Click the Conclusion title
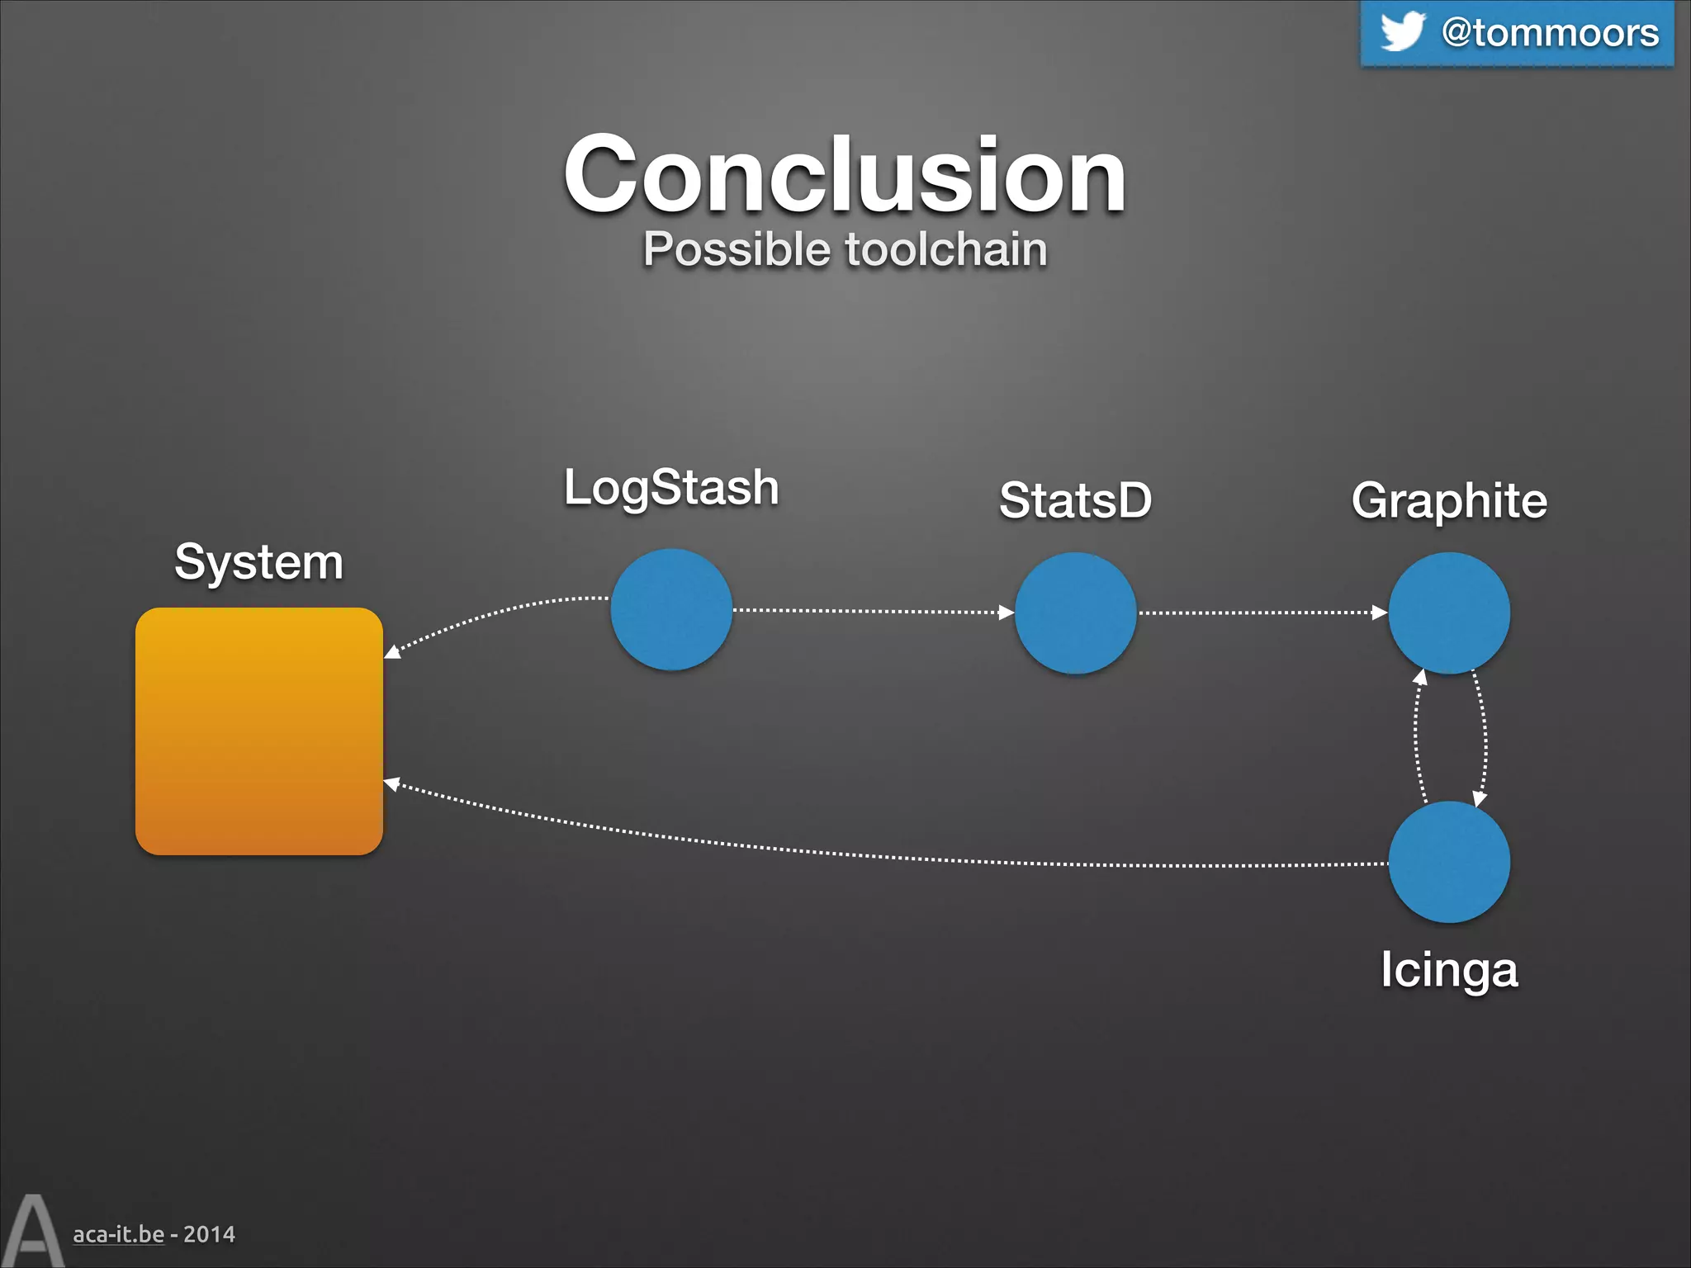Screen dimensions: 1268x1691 [x=845, y=175]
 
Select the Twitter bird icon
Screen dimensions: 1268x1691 [x=1402, y=31]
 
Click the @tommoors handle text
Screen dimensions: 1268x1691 [x=1550, y=33]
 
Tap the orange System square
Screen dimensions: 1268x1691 [x=258, y=731]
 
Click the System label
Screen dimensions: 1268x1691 [x=258, y=562]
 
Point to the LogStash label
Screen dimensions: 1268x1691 [x=671, y=487]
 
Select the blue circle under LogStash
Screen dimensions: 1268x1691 [x=671, y=609]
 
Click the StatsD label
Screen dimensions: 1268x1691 [x=1075, y=500]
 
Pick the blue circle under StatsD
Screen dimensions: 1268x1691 [x=1075, y=613]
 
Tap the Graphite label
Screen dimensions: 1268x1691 [x=1449, y=500]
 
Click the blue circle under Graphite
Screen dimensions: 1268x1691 [x=1449, y=613]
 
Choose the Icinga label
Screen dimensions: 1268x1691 [x=1449, y=969]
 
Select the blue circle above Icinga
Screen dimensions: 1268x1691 [x=1449, y=862]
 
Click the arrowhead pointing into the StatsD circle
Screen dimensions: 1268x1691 [x=1007, y=613]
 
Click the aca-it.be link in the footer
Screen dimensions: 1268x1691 [x=118, y=1234]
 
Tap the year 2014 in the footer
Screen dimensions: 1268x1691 [x=209, y=1234]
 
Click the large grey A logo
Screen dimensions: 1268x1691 [x=31, y=1232]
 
